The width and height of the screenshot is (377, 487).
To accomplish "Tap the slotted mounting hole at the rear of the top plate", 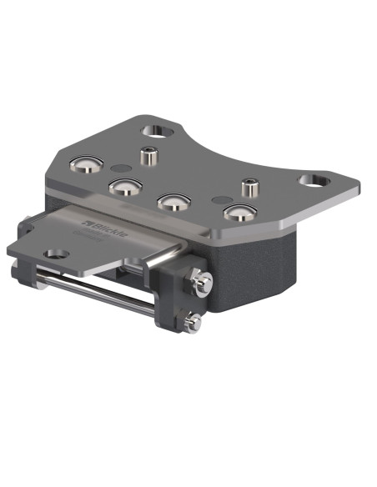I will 156,130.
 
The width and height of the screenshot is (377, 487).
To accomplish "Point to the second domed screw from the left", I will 123,184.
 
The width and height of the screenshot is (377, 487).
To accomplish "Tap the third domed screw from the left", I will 173,202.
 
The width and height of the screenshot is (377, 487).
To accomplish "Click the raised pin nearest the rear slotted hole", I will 148,155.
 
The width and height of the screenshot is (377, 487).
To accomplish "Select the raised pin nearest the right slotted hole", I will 248,185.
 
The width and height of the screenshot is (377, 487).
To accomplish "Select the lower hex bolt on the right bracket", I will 194,319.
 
